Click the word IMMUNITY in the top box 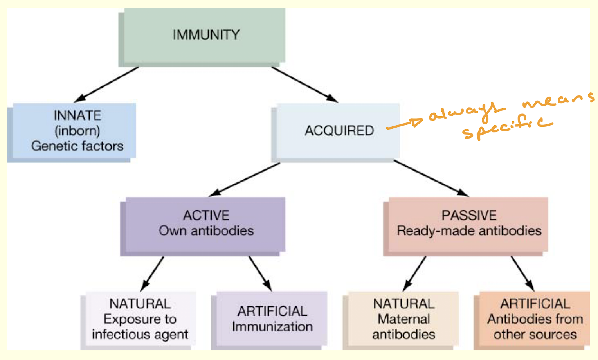tap(206, 35)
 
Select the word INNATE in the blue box tap(77, 115)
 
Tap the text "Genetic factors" tap(77, 146)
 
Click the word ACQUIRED tap(339, 131)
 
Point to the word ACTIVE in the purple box tap(206, 215)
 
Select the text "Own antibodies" tap(206, 231)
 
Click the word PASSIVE tap(469, 215)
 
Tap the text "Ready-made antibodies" tap(469, 231)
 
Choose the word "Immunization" tap(272, 327)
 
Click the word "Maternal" tap(403, 319)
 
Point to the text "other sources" tap(535, 335)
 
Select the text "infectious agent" tap(140, 335)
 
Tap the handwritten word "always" tap(462, 112)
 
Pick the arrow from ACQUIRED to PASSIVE tap(430, 178)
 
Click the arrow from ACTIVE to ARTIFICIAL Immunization tap(260, 274)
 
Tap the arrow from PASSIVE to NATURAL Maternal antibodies tap(414, 274)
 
